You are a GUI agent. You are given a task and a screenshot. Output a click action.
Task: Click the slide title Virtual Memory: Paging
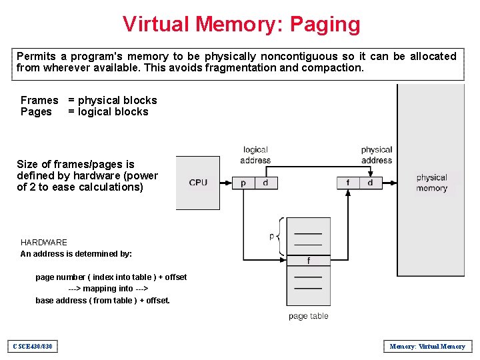point(241,24)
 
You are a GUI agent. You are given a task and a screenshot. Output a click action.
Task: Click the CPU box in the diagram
point(198,183)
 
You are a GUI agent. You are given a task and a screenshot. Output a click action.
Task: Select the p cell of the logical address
point(243,183)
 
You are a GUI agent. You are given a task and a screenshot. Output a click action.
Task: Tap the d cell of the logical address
point(265,183)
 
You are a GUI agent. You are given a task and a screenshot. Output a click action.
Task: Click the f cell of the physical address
point(347,183)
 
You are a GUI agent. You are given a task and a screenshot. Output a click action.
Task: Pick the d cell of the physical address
point(370,183)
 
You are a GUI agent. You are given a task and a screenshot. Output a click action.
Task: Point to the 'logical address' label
point(255,155)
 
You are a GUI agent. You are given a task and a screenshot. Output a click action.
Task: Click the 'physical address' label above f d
point(376,155)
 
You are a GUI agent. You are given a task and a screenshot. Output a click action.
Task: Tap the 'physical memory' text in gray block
point(431,183)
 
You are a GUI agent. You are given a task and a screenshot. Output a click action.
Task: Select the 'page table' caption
point(308,316)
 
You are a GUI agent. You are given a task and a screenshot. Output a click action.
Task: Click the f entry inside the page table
point(308,261)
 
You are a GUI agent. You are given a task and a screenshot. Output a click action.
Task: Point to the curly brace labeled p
point(280,236)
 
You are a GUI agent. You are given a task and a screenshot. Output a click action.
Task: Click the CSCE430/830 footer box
point(33,346)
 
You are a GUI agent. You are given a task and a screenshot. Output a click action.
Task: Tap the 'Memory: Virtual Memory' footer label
point(427,346)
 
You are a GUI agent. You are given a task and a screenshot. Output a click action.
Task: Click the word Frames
point(39,100)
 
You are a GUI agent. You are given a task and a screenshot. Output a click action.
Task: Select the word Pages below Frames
point(36,112)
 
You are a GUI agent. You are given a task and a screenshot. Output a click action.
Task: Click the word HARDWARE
point(44,242)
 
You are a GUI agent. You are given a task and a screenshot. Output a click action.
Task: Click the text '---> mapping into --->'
point(107,289)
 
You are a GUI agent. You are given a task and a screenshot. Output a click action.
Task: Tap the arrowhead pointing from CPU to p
point(229,183)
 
